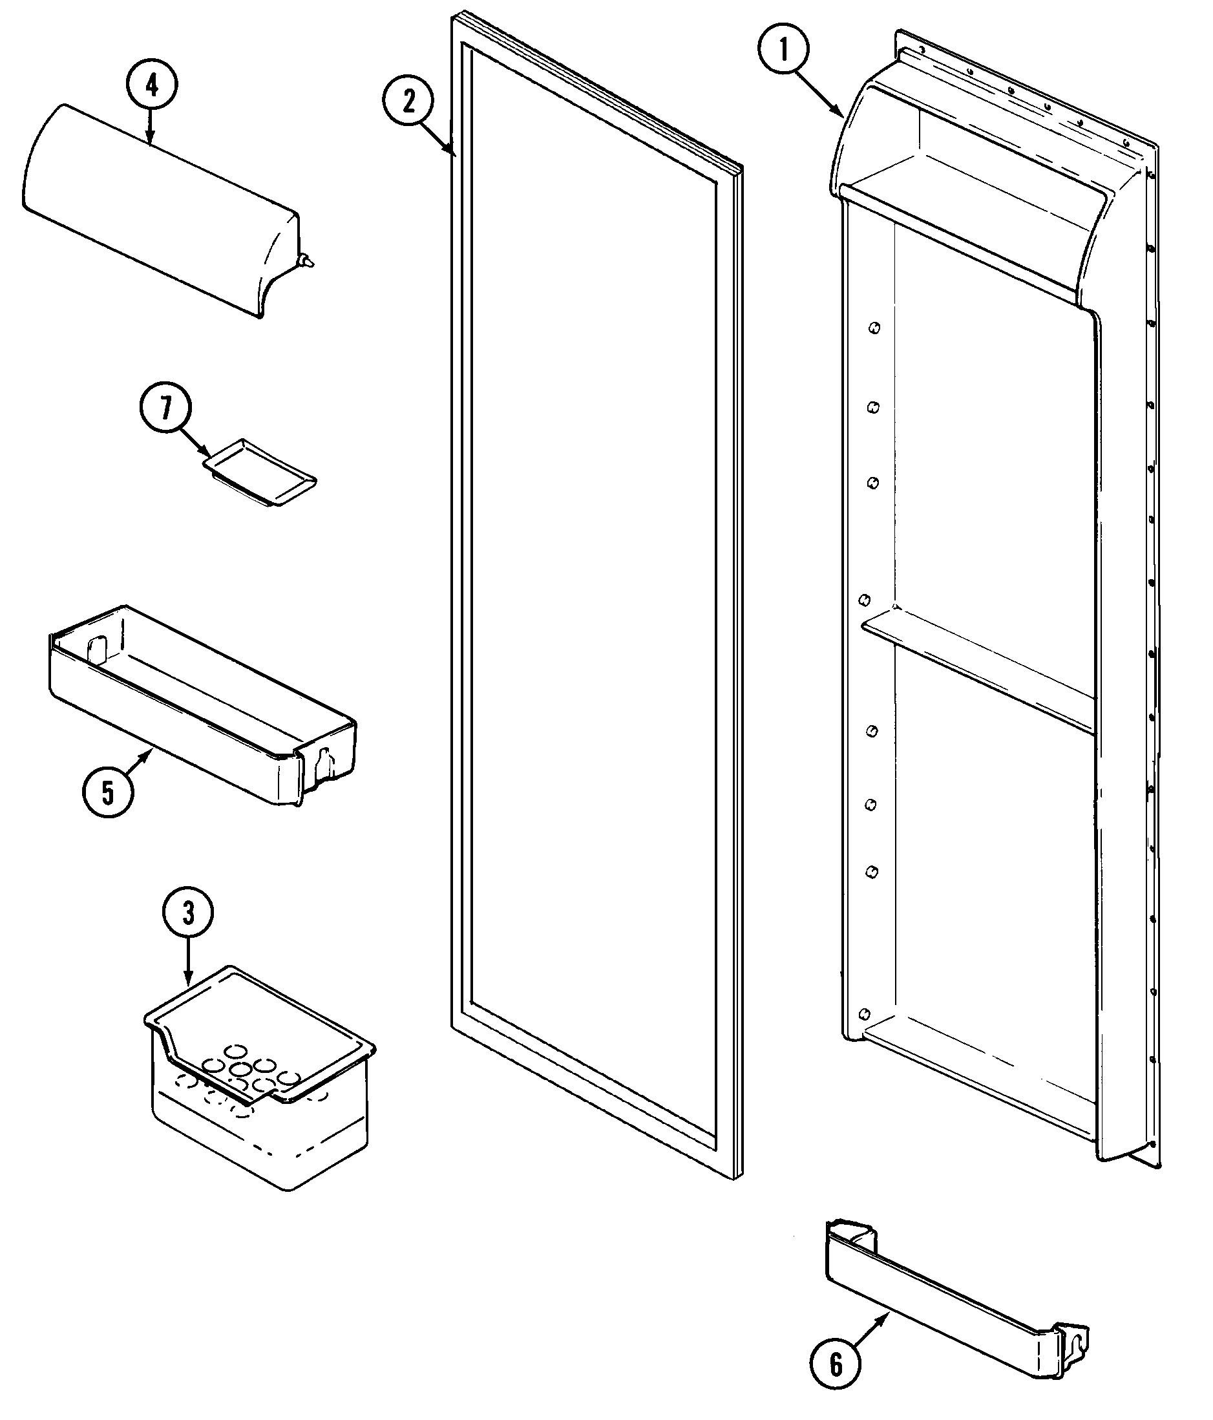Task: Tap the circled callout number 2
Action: tap(408, 101)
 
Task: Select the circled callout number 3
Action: tap(188, 913)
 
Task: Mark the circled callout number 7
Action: tap(165, 408)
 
